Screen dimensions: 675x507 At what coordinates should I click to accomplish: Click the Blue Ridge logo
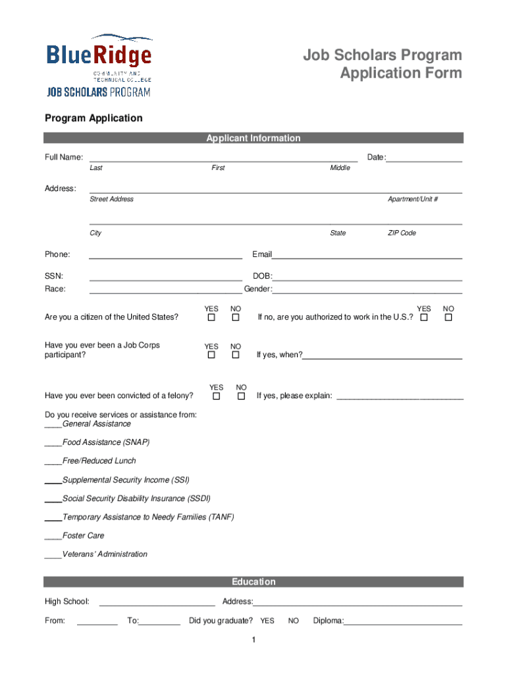99,65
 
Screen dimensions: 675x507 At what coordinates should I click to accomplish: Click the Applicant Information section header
254,138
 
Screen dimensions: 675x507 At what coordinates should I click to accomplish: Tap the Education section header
254,581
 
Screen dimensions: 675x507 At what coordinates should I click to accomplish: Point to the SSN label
54,276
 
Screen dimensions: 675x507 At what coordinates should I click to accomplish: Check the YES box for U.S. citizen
211,318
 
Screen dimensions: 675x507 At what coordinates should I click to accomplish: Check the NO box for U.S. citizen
235,318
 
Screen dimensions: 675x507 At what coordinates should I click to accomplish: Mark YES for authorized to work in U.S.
424,318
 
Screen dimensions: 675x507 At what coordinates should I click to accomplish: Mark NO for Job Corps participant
235,355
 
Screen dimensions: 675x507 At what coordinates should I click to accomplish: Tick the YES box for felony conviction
216,396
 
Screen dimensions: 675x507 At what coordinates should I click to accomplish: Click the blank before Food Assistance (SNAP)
53,442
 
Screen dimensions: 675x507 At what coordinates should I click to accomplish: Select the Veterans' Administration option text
105,554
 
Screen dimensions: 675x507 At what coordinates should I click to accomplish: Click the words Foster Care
84,536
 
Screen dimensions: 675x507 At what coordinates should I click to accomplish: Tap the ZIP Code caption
402,233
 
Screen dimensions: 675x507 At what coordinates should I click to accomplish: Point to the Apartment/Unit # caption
413,199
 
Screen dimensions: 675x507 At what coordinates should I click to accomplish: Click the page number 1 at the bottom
254,641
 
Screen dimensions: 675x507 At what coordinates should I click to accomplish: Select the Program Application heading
93,118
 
